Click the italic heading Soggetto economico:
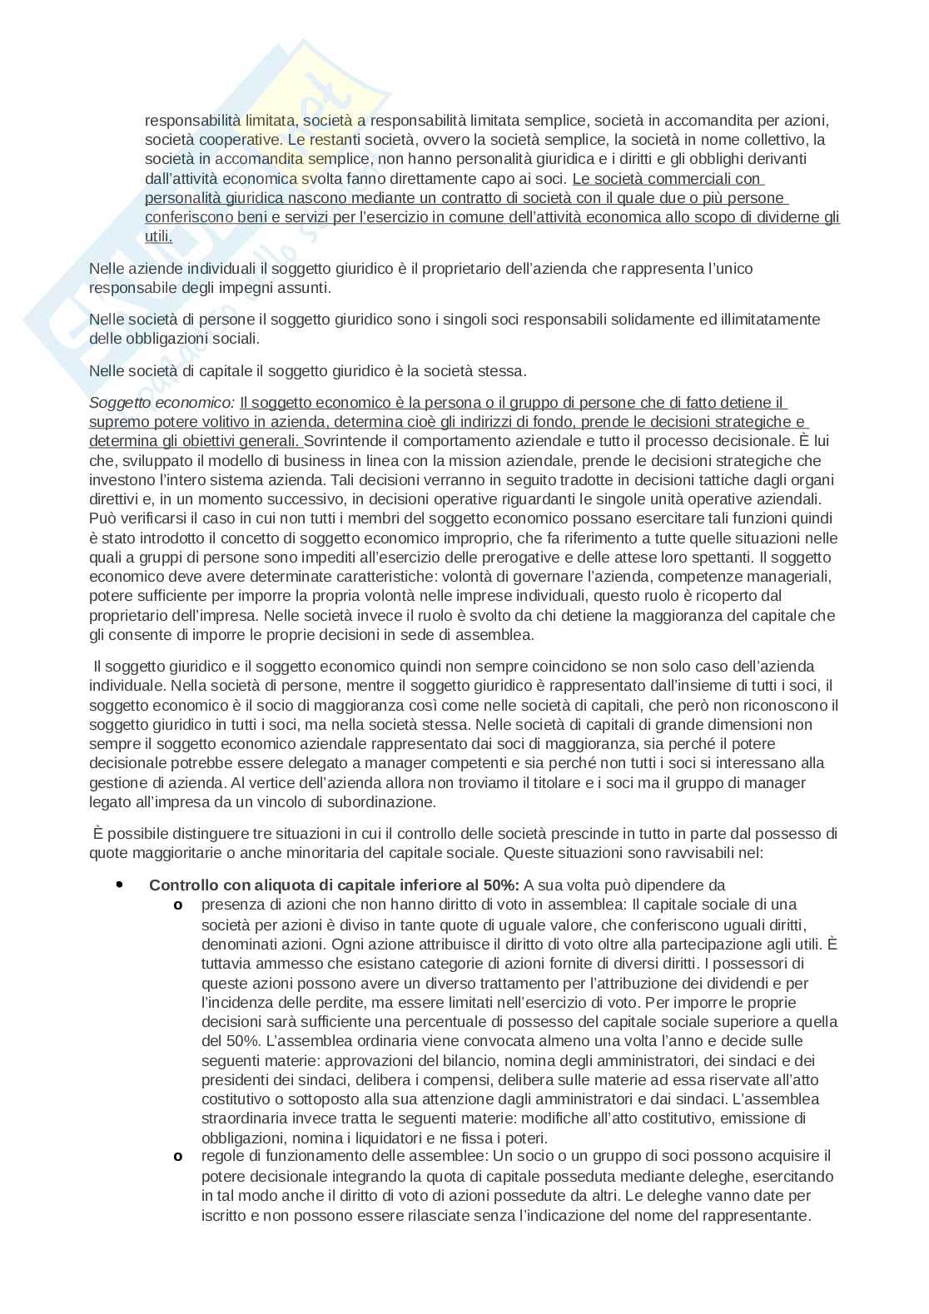click(x=161, y=403)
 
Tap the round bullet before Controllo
click(x=119, y=885)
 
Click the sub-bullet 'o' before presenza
click(x=177, y=905)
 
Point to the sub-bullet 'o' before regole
click(x=177, y=1157)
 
